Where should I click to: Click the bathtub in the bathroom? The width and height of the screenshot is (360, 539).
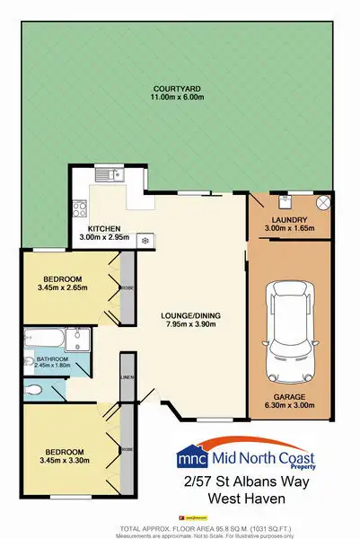pos(47,340)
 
